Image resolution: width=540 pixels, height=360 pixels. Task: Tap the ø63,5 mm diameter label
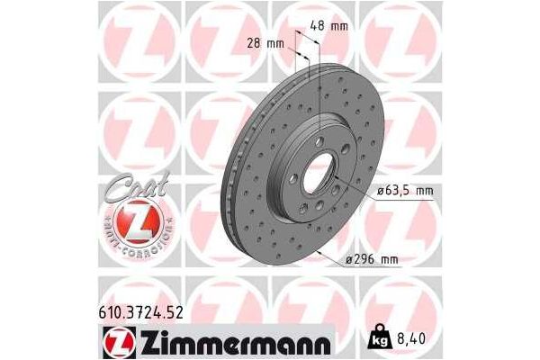tap(402, 191)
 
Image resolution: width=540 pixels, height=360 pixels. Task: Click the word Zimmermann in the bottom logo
tap(235, 341)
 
